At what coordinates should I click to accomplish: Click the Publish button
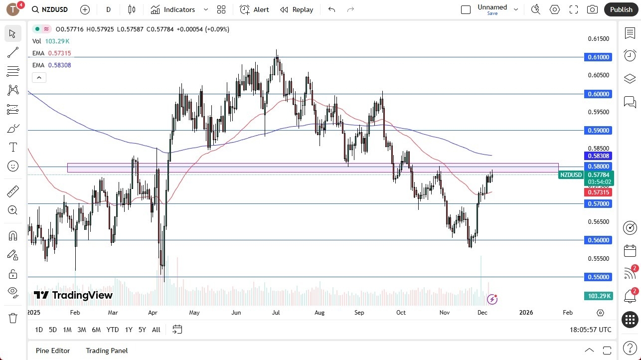tap(621, 9)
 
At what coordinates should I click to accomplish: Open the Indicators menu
tap(179, 9)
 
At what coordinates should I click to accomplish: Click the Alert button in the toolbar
tap(254, 9)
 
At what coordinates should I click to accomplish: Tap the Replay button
tap(297, 9)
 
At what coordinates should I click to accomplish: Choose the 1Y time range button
tap(129, 330)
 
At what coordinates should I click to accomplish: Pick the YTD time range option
tap(113, 330)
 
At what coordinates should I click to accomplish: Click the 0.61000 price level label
tap(598, 57)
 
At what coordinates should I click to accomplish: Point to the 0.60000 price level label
tap(598, 94)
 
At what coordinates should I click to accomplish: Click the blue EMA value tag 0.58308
tap(598, 156)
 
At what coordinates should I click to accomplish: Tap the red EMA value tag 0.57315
tap(598, 192)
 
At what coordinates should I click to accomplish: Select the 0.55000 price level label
tap(598, 277)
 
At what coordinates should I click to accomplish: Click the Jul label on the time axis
tap(276, 313)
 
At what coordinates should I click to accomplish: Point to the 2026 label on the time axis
tap(526, 313)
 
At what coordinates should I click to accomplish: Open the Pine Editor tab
tap(53, 351)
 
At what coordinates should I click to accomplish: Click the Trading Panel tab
tap(107, 351)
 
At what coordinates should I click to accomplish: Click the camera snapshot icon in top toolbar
tap(592, 9)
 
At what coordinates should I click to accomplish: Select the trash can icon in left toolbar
tap(13, 318)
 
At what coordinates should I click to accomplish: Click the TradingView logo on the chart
tap(73, 295)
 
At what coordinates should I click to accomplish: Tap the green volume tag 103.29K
tap(598, 296)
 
